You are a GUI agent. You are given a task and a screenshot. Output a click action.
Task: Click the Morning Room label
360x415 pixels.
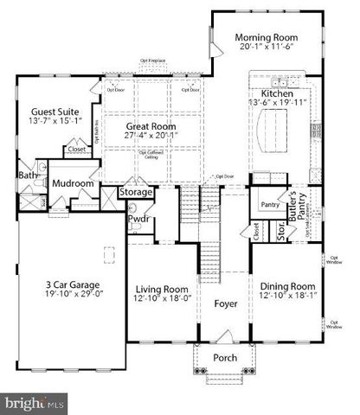tap(267, 38)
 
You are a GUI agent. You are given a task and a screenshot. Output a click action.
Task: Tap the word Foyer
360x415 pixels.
tap(226, 303)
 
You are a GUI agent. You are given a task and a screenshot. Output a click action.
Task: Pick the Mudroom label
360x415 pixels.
tap(72, 183)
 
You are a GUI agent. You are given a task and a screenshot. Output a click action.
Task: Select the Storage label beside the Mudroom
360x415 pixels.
tap(137, 192)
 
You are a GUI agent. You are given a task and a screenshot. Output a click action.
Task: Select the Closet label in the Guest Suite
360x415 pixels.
tap(75, 149)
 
